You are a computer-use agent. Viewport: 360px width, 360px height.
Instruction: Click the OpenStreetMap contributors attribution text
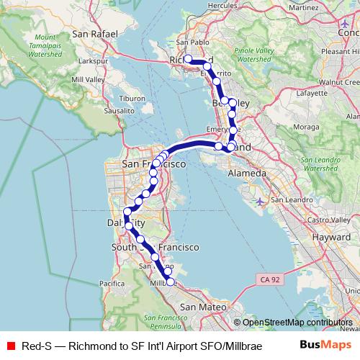(297, 323)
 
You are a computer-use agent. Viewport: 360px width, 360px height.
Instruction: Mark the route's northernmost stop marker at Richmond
(188, 58)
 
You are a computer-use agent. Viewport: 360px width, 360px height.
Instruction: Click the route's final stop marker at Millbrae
(170, 282)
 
